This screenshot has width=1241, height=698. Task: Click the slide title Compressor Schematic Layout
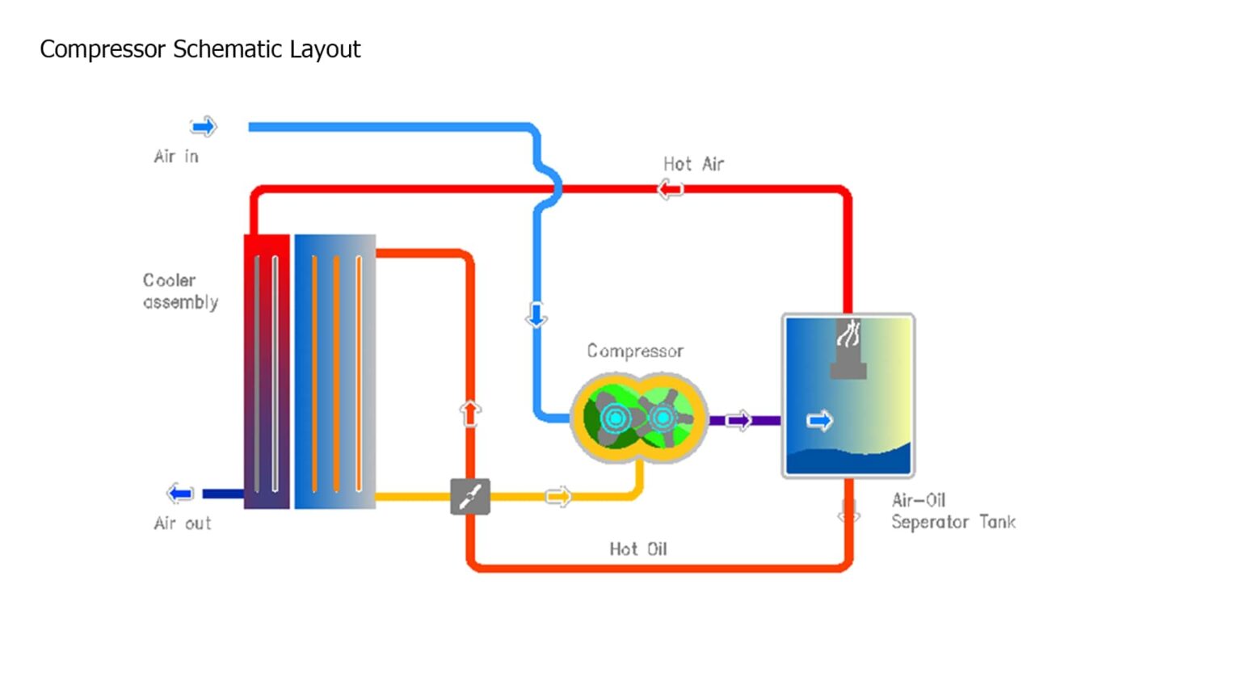coord(200,49)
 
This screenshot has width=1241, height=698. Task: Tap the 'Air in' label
coord(176,156)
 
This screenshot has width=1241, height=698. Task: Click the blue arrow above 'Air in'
coord(204,126)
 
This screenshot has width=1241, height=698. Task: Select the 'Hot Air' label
coord(693,164)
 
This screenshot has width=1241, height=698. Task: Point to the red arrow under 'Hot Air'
coord(671,190)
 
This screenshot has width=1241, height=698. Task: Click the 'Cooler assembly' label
coord(180,291)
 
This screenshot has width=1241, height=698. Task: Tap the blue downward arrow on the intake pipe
coord(536,315)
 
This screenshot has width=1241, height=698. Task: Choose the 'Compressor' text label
coord(635,351)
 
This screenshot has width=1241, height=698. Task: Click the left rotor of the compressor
coord(616,418)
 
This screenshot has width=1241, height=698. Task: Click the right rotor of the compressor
coord(663,418)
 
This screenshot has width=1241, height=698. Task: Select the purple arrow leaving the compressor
coord(738,420)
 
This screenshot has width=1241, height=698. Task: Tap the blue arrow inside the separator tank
coord(819,420)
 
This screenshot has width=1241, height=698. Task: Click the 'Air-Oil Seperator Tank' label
coord(953,511)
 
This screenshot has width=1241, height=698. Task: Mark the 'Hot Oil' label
coord(637,549)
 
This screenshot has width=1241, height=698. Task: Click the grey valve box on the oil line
coord(470,496)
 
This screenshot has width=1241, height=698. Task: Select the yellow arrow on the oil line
coord(558,496)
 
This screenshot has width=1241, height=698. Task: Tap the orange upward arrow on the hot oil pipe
coord(470,413)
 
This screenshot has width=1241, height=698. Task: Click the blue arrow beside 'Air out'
coord(180,493)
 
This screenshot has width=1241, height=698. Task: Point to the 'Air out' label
coord(183,523)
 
